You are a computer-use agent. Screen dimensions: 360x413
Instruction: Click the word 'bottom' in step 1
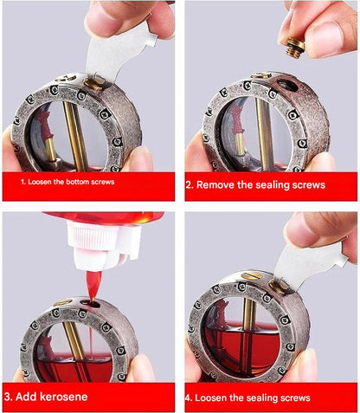point(78,182)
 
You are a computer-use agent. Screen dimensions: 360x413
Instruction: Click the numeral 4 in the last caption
point(188,398)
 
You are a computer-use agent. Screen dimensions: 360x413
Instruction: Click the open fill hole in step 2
point(287,85)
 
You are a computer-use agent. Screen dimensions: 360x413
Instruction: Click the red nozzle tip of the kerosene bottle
point(93,285)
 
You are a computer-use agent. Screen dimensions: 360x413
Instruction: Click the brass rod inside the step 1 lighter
point(75,136)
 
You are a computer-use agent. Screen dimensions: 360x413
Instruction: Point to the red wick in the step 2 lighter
point(237,120)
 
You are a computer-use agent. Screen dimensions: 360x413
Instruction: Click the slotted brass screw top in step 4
point(252,275)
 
